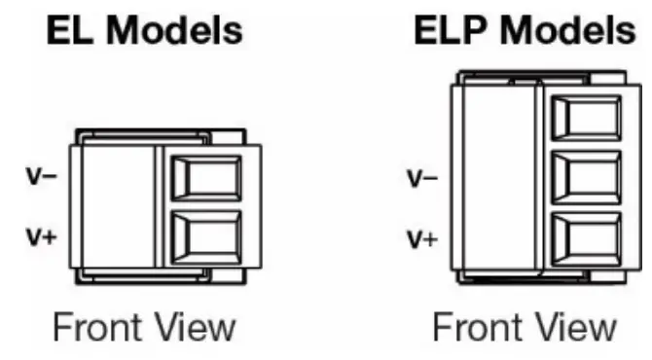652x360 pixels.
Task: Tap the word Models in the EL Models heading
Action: click(x=173, y=32)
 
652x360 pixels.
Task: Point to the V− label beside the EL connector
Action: click(x=39, y=178)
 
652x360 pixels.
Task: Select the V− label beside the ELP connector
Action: click(x=421, y=179)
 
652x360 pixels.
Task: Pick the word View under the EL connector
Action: click(x=195, y=327)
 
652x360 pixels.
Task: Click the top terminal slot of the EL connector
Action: click(x=207, y=179)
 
